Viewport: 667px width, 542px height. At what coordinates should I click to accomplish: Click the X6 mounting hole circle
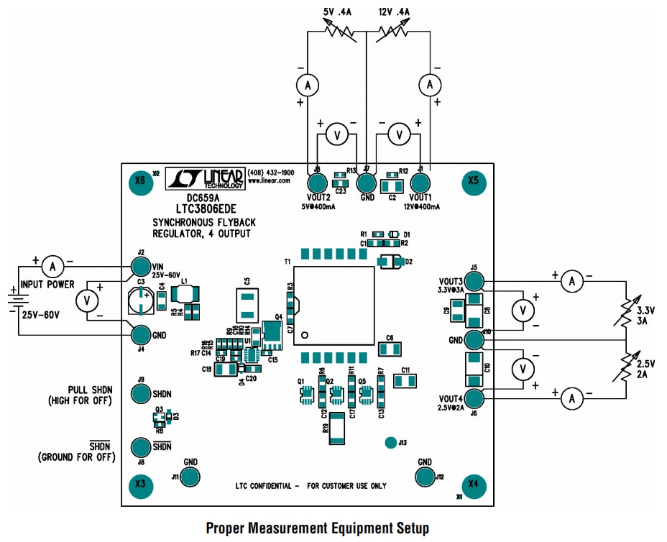coord(139,181)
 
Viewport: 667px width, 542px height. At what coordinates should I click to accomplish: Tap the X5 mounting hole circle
coord(473,181)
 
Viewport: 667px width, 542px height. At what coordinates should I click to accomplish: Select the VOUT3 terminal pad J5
coord(474,282)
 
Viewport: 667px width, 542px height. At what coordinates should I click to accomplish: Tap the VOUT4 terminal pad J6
coord(474,397)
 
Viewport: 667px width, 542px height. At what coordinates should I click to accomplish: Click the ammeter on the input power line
coord(52,267)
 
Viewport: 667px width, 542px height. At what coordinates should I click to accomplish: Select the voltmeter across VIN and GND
coord(88,300)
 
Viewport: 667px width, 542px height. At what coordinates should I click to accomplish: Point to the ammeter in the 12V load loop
coord(430,85)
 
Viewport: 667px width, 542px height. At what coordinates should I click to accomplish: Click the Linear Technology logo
coord(205,178)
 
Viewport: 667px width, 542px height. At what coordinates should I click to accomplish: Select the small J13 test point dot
coord(390,442)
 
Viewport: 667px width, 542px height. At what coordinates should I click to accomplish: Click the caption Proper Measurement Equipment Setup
coord(317,528)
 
